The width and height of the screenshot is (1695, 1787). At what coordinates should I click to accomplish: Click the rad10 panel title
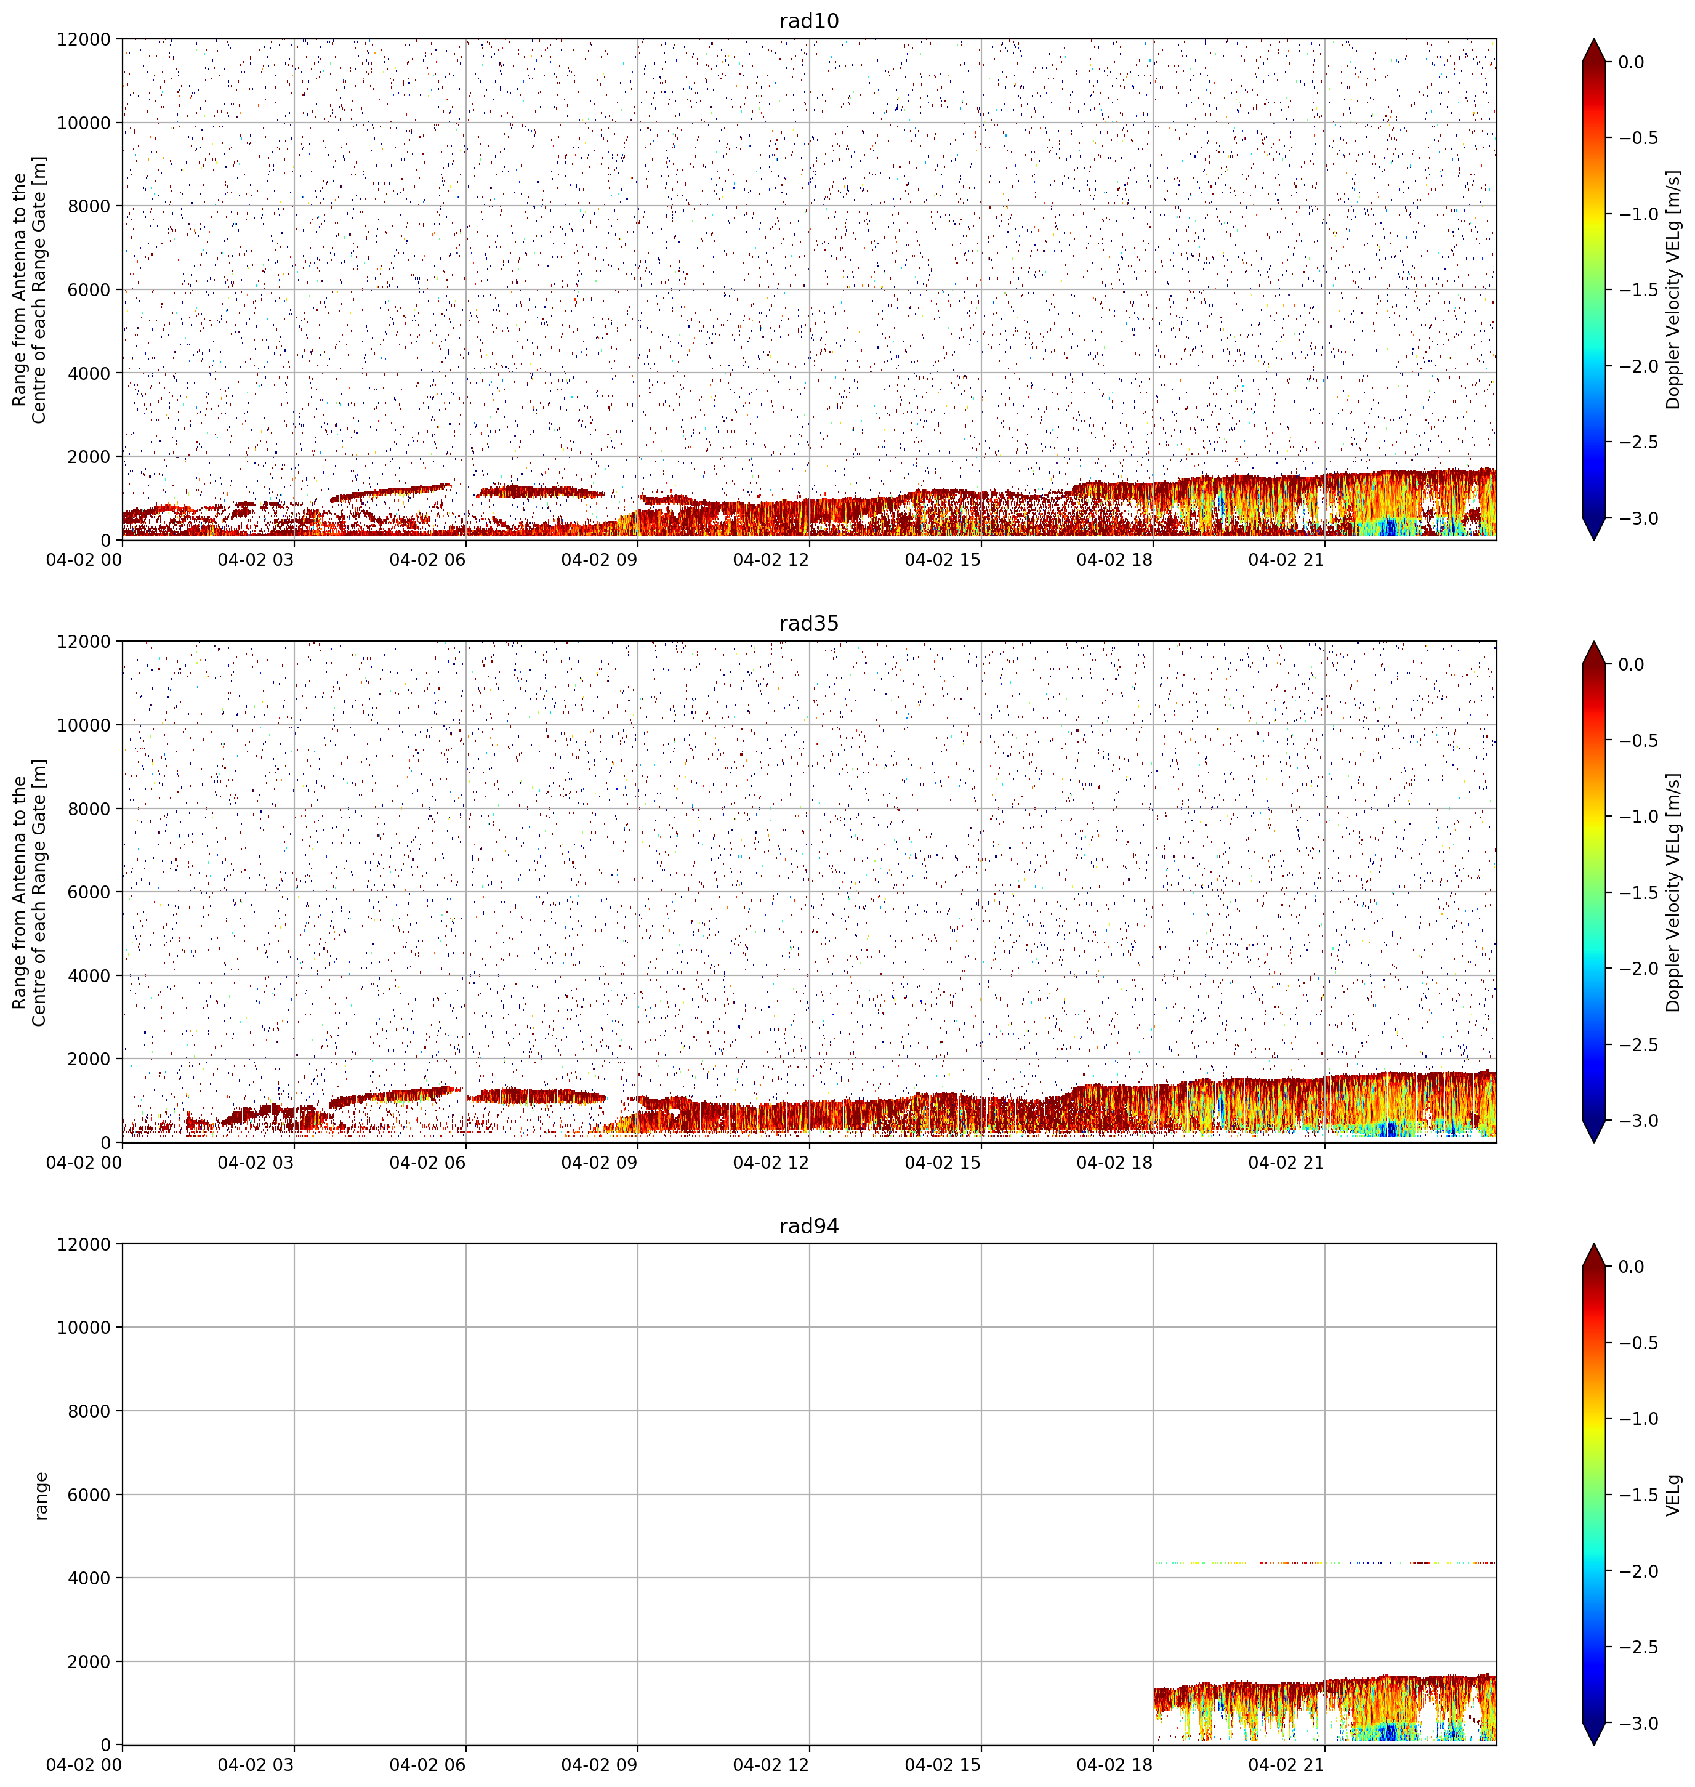point(808,21)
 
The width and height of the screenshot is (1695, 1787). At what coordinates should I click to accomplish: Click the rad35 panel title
point(808,623)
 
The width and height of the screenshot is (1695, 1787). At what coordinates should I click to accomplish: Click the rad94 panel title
point(808,1226)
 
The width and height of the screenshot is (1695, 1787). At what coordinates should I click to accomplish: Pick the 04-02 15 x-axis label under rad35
point(943,1163)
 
